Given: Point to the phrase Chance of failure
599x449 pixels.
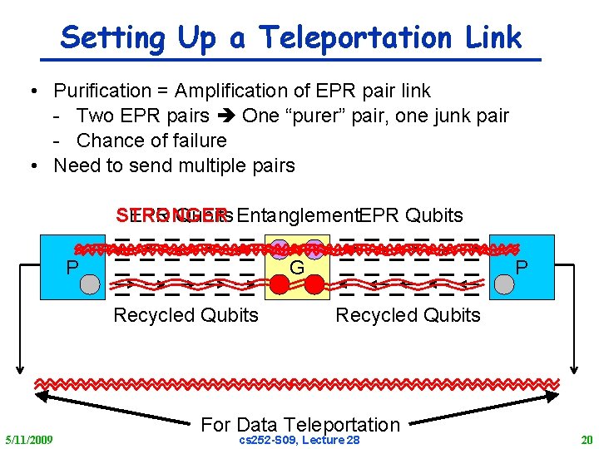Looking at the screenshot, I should click(151, 141).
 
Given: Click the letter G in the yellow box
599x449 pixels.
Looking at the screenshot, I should click(296, 268).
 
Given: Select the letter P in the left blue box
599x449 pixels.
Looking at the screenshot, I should click(72, 268).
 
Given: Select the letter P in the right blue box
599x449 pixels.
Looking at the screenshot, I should click(522, 268).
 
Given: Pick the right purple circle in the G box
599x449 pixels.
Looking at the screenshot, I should click(314, 247).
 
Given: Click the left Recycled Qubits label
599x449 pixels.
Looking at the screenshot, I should click(186, 315).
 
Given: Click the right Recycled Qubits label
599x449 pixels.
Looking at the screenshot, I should click(408, 315).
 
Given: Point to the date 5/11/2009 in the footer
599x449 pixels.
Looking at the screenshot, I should click(29, 439).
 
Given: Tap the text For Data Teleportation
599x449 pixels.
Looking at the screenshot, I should click(300, 424).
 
